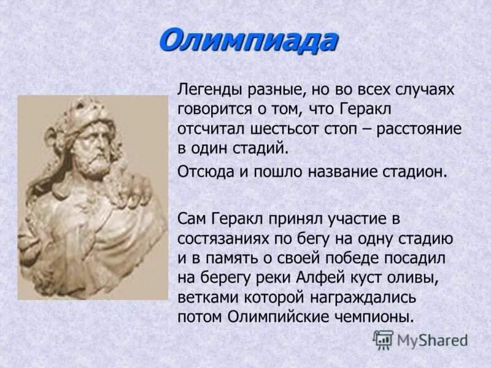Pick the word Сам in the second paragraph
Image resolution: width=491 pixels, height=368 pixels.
[x=191, y=219]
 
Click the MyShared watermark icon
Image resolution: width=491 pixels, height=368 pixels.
[x=384, y=339]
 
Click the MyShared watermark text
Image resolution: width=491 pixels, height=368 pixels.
[x=432, y=340]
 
